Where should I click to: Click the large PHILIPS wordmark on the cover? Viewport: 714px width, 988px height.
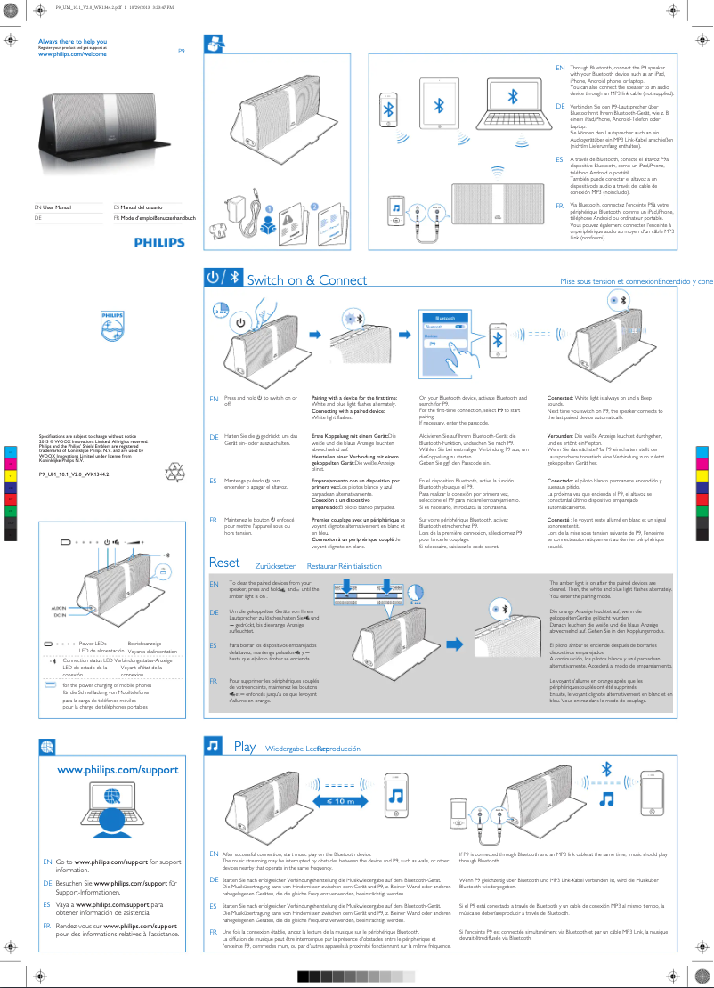[160, 242]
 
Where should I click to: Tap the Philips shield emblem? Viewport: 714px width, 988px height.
[111, 326]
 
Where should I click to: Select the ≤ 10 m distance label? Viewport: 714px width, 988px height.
[339, 801]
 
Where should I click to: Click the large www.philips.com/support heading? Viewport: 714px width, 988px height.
[118, 770]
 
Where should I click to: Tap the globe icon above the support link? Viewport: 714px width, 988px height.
[47, 746]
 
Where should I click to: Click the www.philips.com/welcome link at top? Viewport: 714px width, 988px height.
[72, 54]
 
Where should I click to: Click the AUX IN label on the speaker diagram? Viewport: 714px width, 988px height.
[59, 606]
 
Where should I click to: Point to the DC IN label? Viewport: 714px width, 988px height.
[60, 615]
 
